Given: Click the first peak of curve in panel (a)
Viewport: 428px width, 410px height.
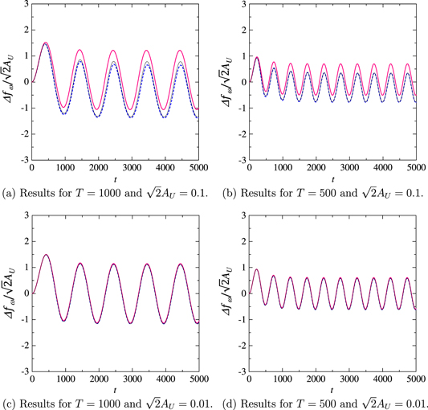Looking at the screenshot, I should point(45,43).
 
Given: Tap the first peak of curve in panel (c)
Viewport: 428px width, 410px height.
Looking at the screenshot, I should point(45,255).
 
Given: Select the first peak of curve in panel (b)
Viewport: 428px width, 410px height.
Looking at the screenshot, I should point(256,57).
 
